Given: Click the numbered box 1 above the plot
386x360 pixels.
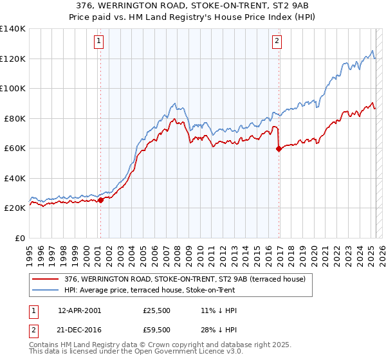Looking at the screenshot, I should [x=100, y=42].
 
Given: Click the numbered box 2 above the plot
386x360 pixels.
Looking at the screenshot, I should [x=277, y=42].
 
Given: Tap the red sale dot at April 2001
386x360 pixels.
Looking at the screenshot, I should [x=100, y=200].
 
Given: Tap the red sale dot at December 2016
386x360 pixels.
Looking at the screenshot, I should [x=279, y=148].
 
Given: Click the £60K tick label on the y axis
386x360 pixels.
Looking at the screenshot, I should [x=14, y=148].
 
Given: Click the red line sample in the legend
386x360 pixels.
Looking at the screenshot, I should [x=45, y=279].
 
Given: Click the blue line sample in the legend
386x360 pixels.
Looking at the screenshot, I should [x=45, y=290].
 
